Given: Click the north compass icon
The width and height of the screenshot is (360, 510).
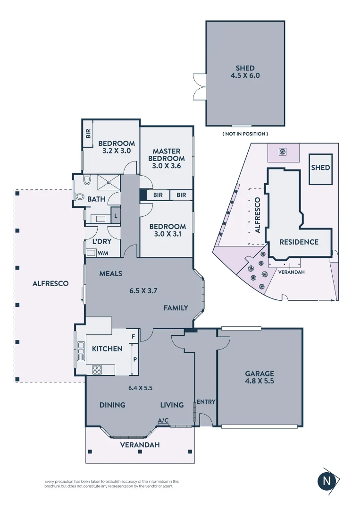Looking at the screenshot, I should tap(326, 481).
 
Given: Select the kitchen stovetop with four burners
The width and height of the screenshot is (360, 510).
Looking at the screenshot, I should tap(97, 370).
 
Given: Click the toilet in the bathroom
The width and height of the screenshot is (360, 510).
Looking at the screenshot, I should tap(79, 196).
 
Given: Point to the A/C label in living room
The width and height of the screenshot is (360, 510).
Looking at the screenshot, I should tap(163, 420).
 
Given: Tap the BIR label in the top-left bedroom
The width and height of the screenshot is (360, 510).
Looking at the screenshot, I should tap(88, 134).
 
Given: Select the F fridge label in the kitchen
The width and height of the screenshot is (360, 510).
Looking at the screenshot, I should tap(134, 337).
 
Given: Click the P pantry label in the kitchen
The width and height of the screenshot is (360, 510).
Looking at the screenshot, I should tap(135, 359).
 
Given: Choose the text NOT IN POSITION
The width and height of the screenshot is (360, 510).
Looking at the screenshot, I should tap(245, 134).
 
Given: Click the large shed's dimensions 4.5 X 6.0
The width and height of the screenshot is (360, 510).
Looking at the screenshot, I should tap(245, 75).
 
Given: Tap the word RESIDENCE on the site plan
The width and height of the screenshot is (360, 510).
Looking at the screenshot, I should tap(299, 242).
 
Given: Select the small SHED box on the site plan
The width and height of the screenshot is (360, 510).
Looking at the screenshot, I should tap(320, 168).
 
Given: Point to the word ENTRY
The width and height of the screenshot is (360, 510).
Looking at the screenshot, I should tap(206, 402).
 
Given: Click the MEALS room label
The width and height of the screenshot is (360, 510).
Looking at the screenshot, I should tap(111, 274).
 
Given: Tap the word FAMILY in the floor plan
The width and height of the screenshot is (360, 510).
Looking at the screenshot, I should tap(176, 308).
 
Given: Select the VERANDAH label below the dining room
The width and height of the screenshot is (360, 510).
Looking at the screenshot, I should tap(140, 445).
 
